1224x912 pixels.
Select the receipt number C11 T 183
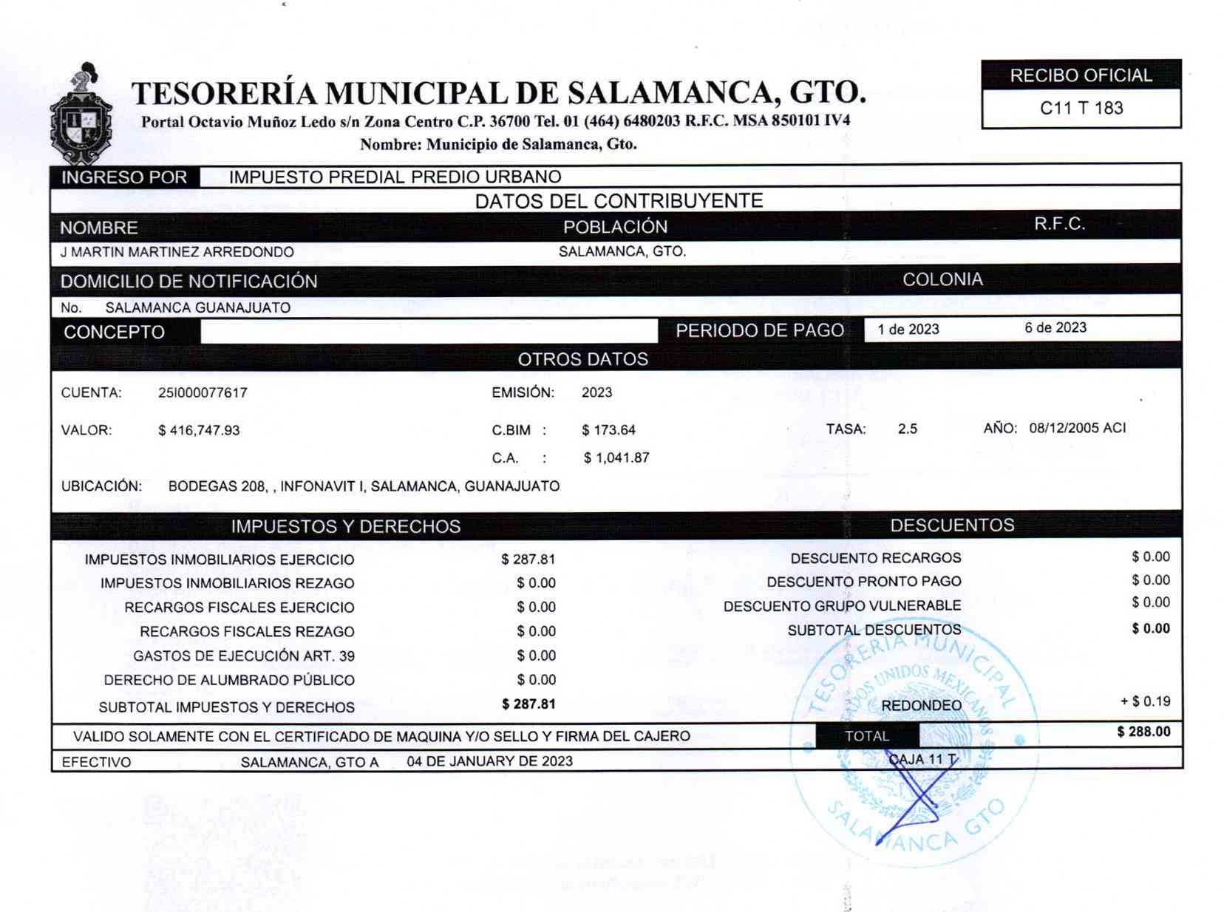pos(1081,109)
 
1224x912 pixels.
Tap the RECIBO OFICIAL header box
pos(1081,75)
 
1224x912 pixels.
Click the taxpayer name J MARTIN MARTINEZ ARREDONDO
pos(177,252)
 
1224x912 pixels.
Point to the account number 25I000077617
pos(203,393)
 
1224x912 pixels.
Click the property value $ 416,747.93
pos(199,430)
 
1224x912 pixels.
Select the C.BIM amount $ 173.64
pos(608,430)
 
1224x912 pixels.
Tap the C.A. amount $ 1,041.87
pos(616,458)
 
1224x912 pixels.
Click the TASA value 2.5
pos(907,429)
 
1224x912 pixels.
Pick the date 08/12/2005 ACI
pos(1077,428)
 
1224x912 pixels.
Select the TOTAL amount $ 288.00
pos(1143,732)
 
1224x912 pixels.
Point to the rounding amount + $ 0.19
pos(1145,701)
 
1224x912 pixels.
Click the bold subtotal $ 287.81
pos(528,704)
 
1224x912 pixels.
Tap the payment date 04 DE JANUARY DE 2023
pos(489,761)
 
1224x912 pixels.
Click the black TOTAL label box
pos(867,736)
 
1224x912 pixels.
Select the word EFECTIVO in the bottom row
pos(96,763)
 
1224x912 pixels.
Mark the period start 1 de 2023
pos(908,330)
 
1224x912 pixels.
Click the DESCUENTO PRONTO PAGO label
pos(863,582)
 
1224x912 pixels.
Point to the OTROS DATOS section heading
pos(582,359)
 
